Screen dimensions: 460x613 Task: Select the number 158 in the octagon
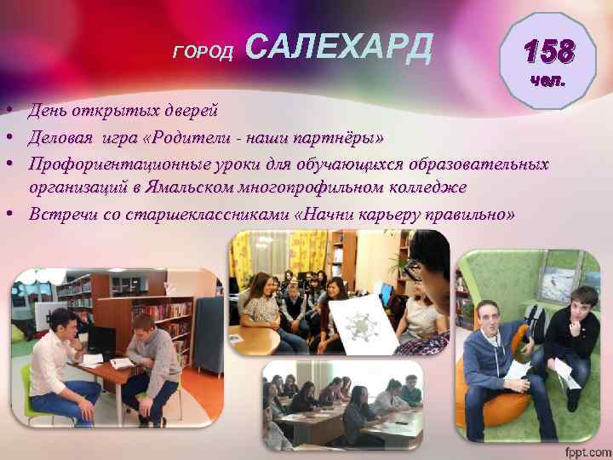coord(548,53)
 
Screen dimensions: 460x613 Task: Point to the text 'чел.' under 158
coord(548,82)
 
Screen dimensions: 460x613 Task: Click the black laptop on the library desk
coord(100,342)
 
